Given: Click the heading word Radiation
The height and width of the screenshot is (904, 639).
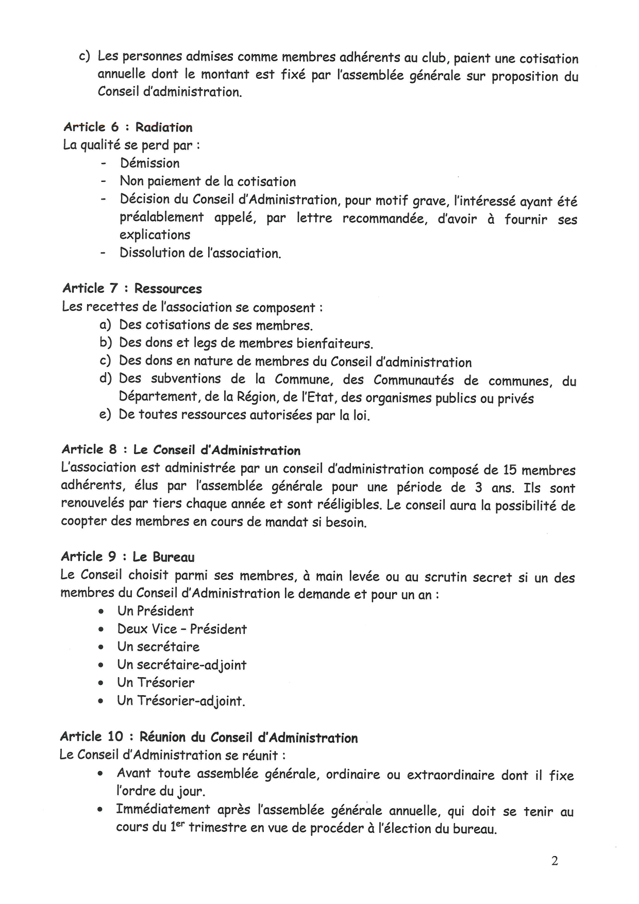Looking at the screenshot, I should pos(164,127).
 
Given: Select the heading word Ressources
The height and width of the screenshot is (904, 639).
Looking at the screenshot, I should pos(168,289).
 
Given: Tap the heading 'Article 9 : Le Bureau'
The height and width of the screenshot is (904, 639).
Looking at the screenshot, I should pos(127,557).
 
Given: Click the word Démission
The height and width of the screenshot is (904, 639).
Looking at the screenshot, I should pos(150,163).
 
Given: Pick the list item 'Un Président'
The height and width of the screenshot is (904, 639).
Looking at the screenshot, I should pos(155,611).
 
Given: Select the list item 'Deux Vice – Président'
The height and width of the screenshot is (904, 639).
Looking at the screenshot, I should pos(182,629).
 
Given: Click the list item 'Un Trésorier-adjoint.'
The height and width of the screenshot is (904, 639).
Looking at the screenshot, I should pos(181,701).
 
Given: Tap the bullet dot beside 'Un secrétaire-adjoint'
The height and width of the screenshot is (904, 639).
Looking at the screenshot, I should pos(103,665).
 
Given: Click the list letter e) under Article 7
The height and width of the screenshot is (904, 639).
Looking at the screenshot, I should pos(105,415).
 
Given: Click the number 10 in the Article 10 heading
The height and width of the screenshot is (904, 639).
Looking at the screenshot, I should pos(116,738).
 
